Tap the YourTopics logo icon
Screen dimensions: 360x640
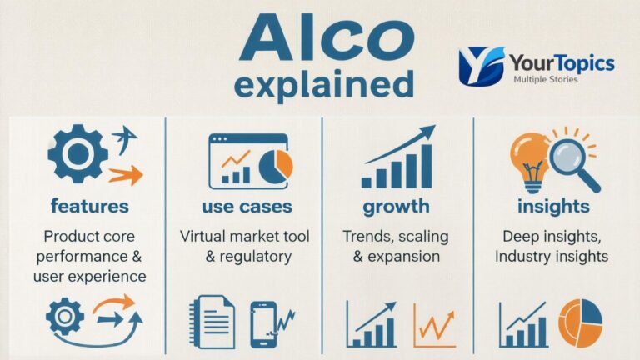481,66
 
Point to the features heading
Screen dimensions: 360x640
89,205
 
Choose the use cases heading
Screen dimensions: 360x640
247,205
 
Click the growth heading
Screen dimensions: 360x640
396,205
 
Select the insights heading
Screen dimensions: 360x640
553,205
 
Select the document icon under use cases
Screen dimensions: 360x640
212,322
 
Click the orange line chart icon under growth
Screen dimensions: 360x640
434,324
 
